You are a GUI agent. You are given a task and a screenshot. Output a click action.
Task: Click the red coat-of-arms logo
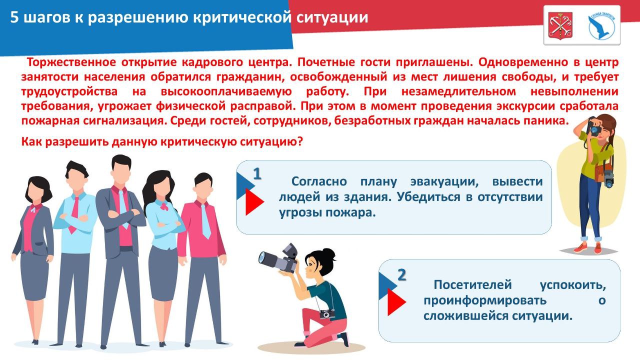coord(560,25)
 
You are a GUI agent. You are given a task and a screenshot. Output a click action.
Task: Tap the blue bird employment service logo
coord(601,25)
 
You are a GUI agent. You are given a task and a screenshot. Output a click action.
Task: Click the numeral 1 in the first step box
coord(257,173)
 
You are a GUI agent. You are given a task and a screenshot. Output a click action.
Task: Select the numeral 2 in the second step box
coord(401,274)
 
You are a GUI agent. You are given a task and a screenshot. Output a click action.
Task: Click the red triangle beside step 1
coord(254,202)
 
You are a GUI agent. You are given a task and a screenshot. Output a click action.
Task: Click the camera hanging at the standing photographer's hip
coord(608,178)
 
